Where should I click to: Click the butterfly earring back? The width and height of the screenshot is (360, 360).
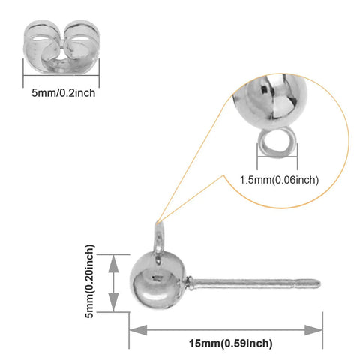click(x=61, y=47)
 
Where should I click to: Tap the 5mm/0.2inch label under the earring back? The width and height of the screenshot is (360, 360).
click(x=63, y=93)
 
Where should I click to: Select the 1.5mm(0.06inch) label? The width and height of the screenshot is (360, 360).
click(x=279, y=180)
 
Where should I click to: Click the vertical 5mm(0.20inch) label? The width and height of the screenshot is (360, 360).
click(x=89, y=281)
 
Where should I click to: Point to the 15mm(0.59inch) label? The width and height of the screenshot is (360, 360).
click(x=230, y=343)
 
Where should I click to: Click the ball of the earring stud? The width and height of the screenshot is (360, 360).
click(x=158, y=280)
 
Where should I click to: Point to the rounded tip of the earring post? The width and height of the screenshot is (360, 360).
click(x=317, y=283)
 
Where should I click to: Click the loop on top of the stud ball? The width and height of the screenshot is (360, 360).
click(x=159, y=238)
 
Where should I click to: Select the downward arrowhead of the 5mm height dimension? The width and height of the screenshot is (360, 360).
click(x=114, y=302)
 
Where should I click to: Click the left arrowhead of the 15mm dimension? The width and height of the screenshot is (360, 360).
click(x=138, y=330)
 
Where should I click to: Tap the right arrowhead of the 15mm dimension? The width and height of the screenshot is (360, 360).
click(x=313, y=330)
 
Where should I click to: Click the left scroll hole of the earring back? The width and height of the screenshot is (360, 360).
click(x=41, y=40)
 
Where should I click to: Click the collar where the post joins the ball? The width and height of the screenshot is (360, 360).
click(x=190, y=283)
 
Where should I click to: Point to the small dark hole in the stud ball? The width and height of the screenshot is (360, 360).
click(x=157, y=277)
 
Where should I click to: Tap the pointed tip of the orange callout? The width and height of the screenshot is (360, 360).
click(x=157, y=222)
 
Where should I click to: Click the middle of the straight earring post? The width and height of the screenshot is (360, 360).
click(x=253, y=283)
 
